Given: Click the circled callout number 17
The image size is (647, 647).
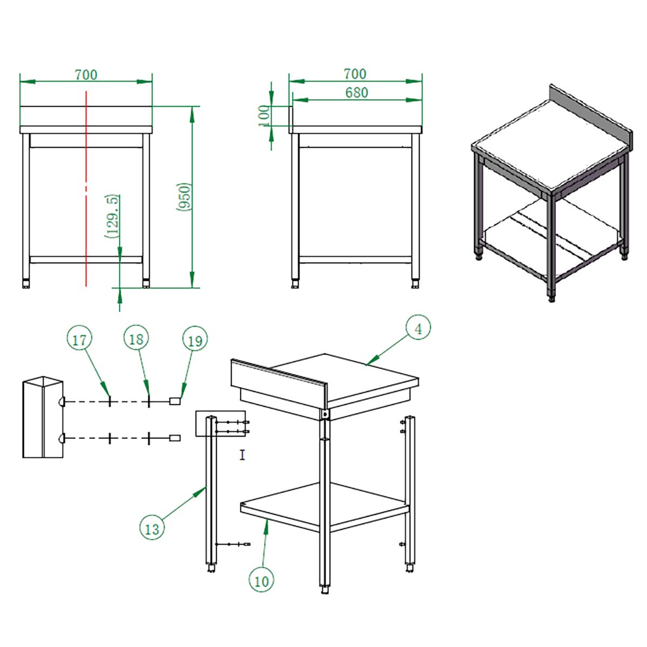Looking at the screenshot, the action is (x=79, y=340).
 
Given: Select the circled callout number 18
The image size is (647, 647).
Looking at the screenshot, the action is (x=136, y=339).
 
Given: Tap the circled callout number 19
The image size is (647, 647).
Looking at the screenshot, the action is (x=195, y=340).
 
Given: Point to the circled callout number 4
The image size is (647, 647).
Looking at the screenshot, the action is (x=418, y=329).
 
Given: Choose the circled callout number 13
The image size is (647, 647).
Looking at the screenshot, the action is (x=152, y=528).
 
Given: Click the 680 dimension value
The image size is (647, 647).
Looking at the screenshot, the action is (x=356, y=93).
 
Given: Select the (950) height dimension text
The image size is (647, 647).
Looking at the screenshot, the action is (x=184, y=197).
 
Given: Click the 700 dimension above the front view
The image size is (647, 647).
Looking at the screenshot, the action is (x=86, y=74).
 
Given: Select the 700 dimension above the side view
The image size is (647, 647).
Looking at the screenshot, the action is (x=355, y=74).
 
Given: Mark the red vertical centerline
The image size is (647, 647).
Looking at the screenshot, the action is (x=86, y=188).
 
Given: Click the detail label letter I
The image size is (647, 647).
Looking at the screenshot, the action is (x=243, y=456).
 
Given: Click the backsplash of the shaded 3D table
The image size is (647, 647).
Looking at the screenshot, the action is (x=591, y=118).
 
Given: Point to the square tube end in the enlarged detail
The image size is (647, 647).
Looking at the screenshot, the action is (x=43, y=417).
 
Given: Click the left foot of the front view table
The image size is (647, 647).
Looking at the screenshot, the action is (x=26, y=284).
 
